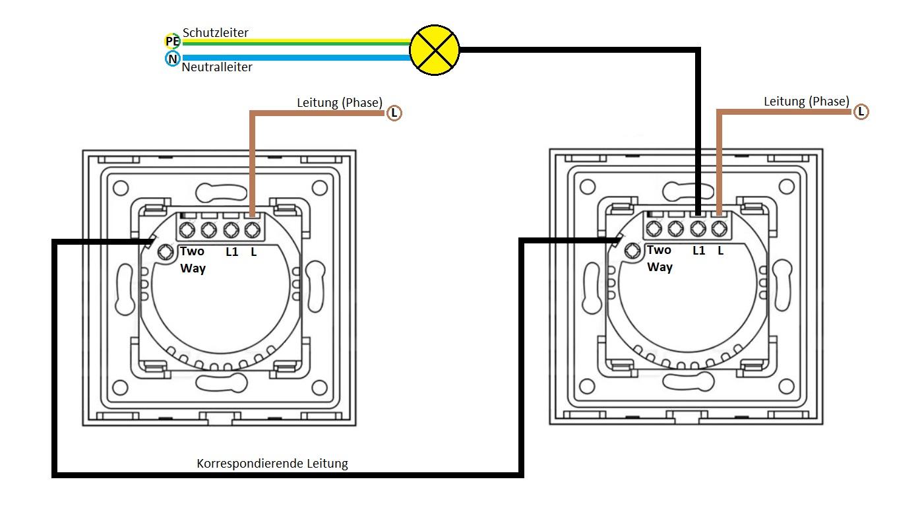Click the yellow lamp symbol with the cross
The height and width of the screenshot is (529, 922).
coord(434,50)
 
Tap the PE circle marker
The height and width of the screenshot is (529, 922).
coord(172,42)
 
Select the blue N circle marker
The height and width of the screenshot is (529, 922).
coord(172,59)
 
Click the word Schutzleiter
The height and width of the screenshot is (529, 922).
coord(215,32)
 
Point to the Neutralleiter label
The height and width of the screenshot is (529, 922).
coord(217,67)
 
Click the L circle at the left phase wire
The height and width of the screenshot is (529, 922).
coord(394,113)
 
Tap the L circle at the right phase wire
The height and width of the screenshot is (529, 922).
coord(861,112)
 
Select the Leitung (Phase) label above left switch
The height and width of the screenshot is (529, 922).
coord(339,102)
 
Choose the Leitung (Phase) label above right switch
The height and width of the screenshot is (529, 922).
coord(806,101)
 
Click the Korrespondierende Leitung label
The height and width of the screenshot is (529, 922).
coord(272,463)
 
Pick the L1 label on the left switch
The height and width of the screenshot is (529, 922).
coord(231,251)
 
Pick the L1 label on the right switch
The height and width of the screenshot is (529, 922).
coord(699,251)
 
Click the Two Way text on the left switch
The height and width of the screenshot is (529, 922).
coord(193,259)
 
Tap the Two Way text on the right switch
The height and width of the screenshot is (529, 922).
coord(660,258)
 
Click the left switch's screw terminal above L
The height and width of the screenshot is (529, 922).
coord(252,230)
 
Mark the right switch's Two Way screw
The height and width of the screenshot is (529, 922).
coord(632,251)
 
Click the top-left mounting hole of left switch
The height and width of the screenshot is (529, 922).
coord(120,188)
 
